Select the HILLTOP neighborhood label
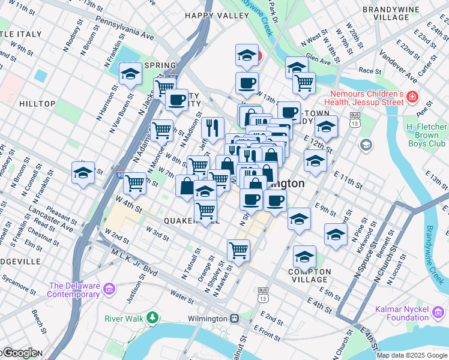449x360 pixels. pos(37,104)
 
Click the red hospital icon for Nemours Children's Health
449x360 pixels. pos(412,97)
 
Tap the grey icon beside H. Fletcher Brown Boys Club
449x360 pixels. pos(366,145)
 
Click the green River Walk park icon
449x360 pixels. pos(153,317)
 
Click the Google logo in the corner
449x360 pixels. pos(19,353)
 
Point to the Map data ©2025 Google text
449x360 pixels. pos(412,355)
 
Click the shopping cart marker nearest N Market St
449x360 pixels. pos(238,250)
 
